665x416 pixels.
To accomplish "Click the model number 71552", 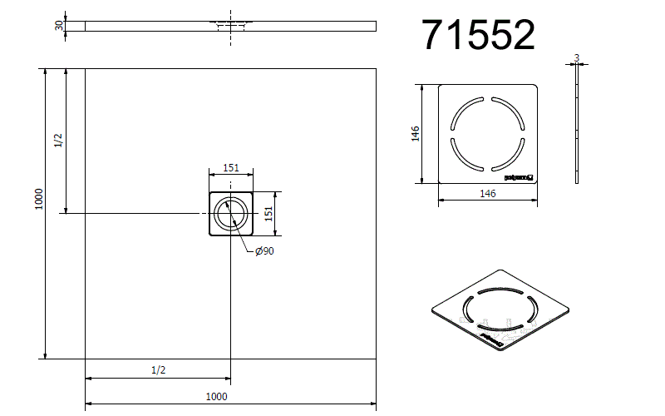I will [478, 35].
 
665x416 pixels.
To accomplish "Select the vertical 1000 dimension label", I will [38, 198].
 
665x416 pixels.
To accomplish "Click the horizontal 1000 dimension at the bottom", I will [216, 397].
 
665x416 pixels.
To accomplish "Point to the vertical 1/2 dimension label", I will [58, 141].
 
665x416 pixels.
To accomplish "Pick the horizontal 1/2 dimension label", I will [159, 369].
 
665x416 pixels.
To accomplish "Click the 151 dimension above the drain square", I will [231, 168].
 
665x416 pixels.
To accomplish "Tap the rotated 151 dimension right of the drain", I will [268, 214].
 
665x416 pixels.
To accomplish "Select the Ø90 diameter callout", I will [264, 251].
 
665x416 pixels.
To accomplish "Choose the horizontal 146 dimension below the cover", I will [488, 193].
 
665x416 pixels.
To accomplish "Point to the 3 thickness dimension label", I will [576, 58].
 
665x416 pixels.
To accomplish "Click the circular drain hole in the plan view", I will [231, 214].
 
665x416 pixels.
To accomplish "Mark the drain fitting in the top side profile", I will [231, 25].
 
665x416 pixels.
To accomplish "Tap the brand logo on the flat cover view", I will [518, 176].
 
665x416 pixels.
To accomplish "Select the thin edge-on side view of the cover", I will [576, 125].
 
